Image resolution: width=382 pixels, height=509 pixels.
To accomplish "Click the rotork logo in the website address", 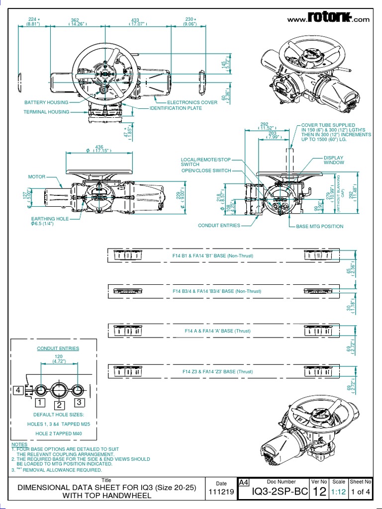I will pos(329,18).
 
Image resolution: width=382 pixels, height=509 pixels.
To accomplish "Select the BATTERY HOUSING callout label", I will pos(45,102).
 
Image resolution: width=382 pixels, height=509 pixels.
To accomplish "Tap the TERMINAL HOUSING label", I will pos(46,112).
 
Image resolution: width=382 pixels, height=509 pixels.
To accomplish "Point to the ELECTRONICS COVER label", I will pos(192,102).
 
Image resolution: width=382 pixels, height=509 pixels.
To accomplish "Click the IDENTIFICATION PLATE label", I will pos(176,108).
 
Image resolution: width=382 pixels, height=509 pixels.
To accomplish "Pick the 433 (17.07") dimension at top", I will pos(135,22).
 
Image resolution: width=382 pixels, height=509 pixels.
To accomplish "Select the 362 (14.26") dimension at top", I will pos(76,22).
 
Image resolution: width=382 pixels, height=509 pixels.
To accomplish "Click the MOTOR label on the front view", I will pos(37,176).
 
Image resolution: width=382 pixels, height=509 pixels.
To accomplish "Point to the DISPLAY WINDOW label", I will pos(334,160).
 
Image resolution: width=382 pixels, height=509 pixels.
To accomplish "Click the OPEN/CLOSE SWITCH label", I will pos(206,170).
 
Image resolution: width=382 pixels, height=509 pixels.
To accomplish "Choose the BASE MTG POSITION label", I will pos(319,226).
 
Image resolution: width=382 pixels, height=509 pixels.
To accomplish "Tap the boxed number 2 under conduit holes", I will pos(59,404).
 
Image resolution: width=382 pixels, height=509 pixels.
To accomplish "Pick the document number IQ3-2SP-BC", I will pos(273,493).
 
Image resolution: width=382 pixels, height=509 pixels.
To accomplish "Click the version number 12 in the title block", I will pos(319,493).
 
